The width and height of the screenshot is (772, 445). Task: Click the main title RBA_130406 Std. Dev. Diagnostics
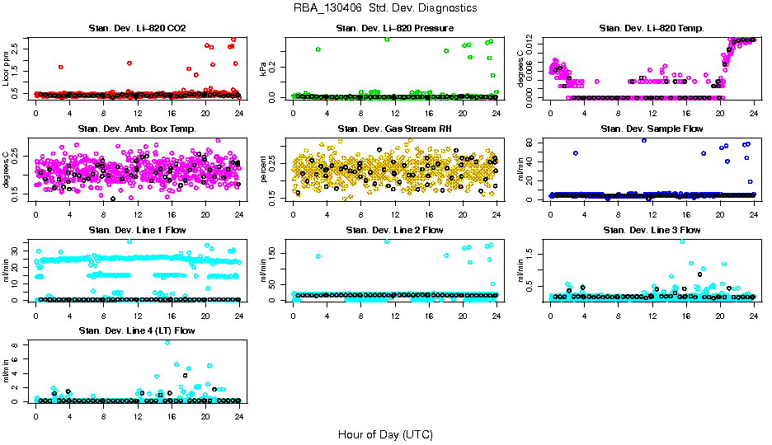click(x=385, y=8)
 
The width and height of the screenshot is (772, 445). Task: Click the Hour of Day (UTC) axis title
click(x=385, y=433)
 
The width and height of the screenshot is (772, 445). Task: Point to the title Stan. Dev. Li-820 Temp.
click(x=652, y=29)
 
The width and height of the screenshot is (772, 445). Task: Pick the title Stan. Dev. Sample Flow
click(x=652, y=129)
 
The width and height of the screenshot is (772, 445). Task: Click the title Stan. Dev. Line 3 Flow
click(x=652, y=230)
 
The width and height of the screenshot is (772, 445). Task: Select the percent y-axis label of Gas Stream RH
click(x=264, y=169)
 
